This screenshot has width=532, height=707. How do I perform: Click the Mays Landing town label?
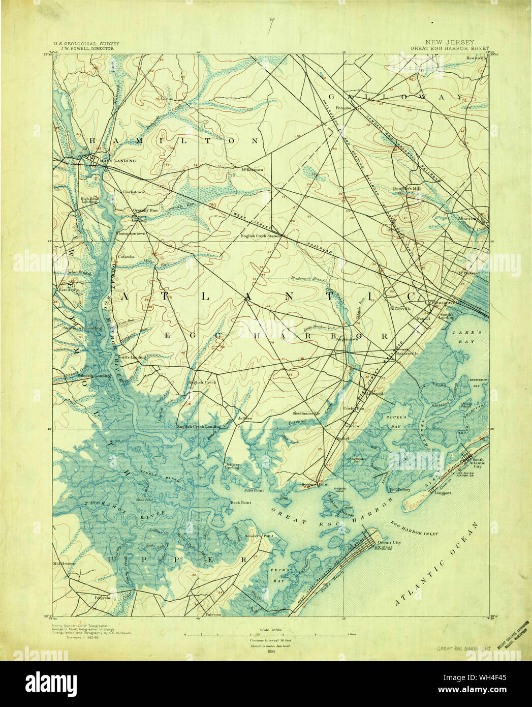point(118,161)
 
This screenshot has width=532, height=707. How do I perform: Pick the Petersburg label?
point(106,598)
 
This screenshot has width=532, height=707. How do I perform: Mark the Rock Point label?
point(241,503)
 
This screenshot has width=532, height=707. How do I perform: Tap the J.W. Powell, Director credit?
point(86,49)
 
